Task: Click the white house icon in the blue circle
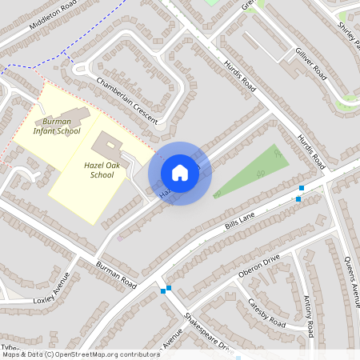180,173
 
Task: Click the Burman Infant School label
57,125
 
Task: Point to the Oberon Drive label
259,266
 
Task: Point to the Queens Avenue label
351,275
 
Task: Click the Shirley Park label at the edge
348,32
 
